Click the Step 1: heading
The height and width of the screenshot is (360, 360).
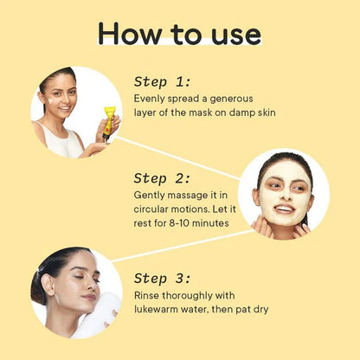(x=162, y=82)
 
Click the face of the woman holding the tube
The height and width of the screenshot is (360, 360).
(x=58, y=95)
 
